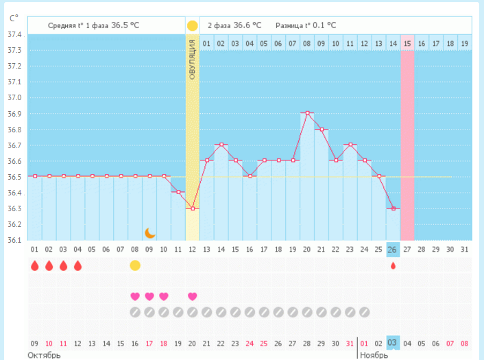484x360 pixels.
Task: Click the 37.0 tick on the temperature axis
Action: click(x=14, y=97)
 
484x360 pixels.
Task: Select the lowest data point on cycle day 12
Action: click(x=193, y=208)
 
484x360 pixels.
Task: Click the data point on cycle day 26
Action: click(x=393, y=208)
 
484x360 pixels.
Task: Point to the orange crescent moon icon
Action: click(x=149, y=233)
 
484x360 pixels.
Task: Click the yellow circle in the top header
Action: click(x=193, y=25)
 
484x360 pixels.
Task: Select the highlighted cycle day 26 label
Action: click(x=393, y=249)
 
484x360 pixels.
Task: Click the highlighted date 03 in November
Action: click(x=393, y=343)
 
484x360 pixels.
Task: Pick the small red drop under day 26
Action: click(x=393, y=265)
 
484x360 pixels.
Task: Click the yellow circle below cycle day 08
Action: click(x=135, y=265)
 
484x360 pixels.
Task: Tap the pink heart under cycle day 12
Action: click(x=193, y=296)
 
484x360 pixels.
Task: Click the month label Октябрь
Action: click(x=44, y=355)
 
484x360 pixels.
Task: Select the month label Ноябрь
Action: click(x=374, y=355)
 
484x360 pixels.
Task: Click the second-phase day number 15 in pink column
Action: click(x=407, y=44)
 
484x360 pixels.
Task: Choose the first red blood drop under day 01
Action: click(x=34, y=265)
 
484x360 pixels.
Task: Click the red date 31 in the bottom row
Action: click(x=350, y=343)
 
